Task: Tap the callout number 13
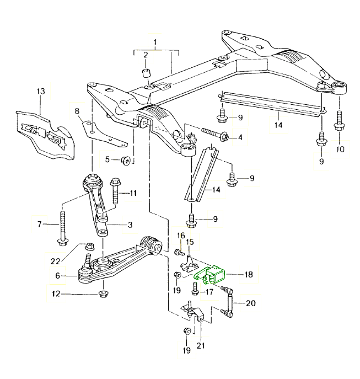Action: coord(40,91)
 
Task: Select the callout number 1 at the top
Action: coord(155,42)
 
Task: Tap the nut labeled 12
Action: coord(103,292)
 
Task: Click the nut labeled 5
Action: coord(126,161)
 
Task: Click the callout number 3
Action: coord(130,225)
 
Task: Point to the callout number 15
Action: coord(190,243)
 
